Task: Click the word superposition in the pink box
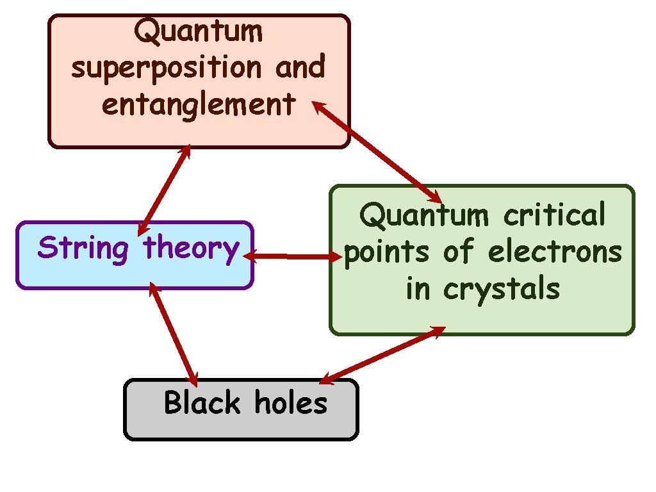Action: point(168,68)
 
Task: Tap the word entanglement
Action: point(199,104)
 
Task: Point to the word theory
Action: point(191,249)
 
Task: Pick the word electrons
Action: point(555,252)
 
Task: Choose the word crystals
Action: point(502,290)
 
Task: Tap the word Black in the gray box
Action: point(202,404)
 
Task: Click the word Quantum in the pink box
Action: point(199,31)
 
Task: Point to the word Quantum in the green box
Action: point(424,215)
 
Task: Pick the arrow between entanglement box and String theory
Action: point(163,190)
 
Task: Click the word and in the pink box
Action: point(300,68)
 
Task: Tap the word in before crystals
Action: point(418,290)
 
